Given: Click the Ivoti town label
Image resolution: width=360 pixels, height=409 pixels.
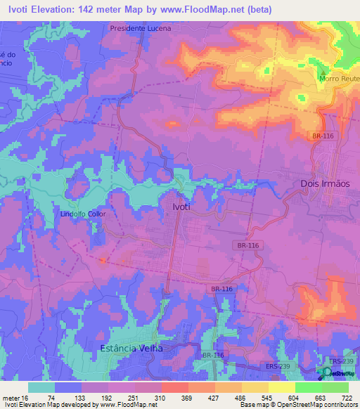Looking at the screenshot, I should point(181,207).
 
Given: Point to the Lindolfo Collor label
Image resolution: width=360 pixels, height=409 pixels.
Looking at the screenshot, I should point(82,214).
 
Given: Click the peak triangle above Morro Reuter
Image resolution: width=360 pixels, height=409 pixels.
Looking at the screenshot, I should point(323,73).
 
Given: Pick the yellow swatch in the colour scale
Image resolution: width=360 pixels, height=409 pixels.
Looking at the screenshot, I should point(281,387).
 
